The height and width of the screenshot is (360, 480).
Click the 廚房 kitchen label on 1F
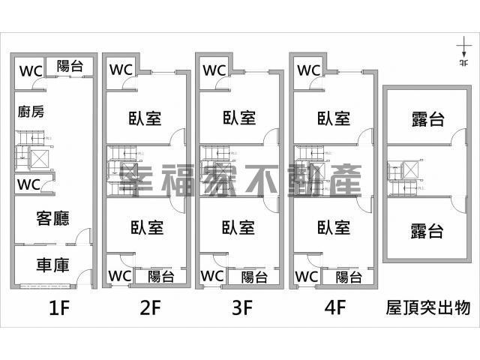pos(31,112)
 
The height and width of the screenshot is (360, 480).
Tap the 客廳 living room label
pos(52,218)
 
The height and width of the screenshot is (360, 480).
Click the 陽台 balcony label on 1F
pos(70,67)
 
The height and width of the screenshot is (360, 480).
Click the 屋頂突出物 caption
pos(428,308)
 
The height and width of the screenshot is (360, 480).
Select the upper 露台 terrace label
pos(427,118)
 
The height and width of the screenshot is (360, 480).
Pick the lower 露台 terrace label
pos(427,232)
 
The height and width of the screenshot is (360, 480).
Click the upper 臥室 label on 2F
pos(147,118)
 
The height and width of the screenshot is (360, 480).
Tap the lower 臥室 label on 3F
pos(240,227)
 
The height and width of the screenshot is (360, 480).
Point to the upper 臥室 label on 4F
pos(334,118)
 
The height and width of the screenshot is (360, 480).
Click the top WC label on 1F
pos(31,72)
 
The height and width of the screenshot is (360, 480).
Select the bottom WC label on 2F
pos(120,275)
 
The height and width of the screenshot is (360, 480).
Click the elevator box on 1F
pos(38,159)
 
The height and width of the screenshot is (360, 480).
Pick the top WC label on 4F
pos(309,70)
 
